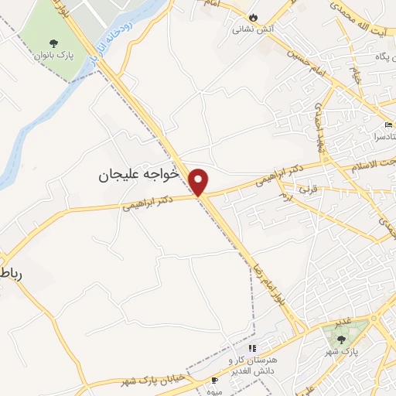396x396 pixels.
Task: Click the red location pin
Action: click(200, 181)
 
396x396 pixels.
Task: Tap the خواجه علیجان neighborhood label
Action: click(138, 176)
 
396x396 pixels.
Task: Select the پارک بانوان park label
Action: click(53, 56)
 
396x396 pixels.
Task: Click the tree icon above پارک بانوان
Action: click(53, 43)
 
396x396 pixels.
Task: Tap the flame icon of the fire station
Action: click(253, 17)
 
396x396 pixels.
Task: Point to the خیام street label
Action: click(357, 75)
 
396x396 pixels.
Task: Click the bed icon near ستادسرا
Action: click(388, 125)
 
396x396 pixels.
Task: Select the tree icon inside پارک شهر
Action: click(342, 339)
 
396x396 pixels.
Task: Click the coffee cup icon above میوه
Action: click(214, 381)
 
